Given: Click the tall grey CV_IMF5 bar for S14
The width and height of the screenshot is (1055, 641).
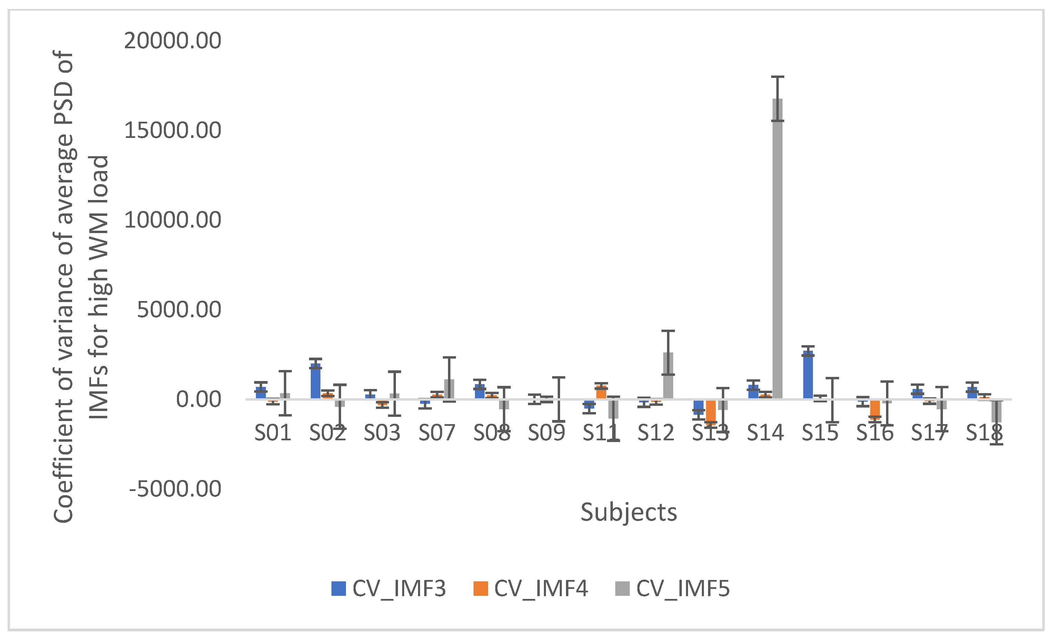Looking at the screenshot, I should [777, 248].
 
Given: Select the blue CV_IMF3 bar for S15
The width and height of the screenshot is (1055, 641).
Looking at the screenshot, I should [808, 375].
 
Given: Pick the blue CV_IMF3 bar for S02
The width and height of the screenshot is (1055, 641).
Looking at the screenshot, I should [316, 381].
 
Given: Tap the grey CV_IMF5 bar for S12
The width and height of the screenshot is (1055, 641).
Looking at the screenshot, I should [668, 375].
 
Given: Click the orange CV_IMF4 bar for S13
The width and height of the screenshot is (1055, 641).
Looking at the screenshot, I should [711, 411].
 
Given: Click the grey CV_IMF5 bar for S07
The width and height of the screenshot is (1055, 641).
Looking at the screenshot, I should [449, 389].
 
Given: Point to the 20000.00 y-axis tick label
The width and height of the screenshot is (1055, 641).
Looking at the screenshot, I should [172, 41].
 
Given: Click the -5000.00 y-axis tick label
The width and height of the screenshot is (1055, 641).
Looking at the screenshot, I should [175, 489].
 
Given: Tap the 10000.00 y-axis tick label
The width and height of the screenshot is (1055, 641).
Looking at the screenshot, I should [172, 220].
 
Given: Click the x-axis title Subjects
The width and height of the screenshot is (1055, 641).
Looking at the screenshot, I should [628, 512].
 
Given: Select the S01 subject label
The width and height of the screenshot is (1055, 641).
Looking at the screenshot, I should [273, 432].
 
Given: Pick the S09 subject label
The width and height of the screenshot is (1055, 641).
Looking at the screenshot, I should [546, 432].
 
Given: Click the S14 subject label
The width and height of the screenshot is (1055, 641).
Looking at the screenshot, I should [765, 432].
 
